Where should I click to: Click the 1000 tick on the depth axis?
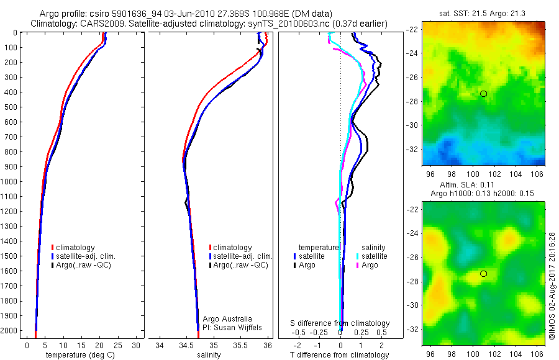pos(12,182)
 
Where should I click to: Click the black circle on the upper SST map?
pos(483,94)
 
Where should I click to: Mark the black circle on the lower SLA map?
pos(483,274)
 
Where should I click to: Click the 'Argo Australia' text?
pos(227,319)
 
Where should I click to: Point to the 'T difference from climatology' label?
pos(340,355)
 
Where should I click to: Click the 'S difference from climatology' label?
pos(340,323)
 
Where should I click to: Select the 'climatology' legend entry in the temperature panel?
pos(75,248)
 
